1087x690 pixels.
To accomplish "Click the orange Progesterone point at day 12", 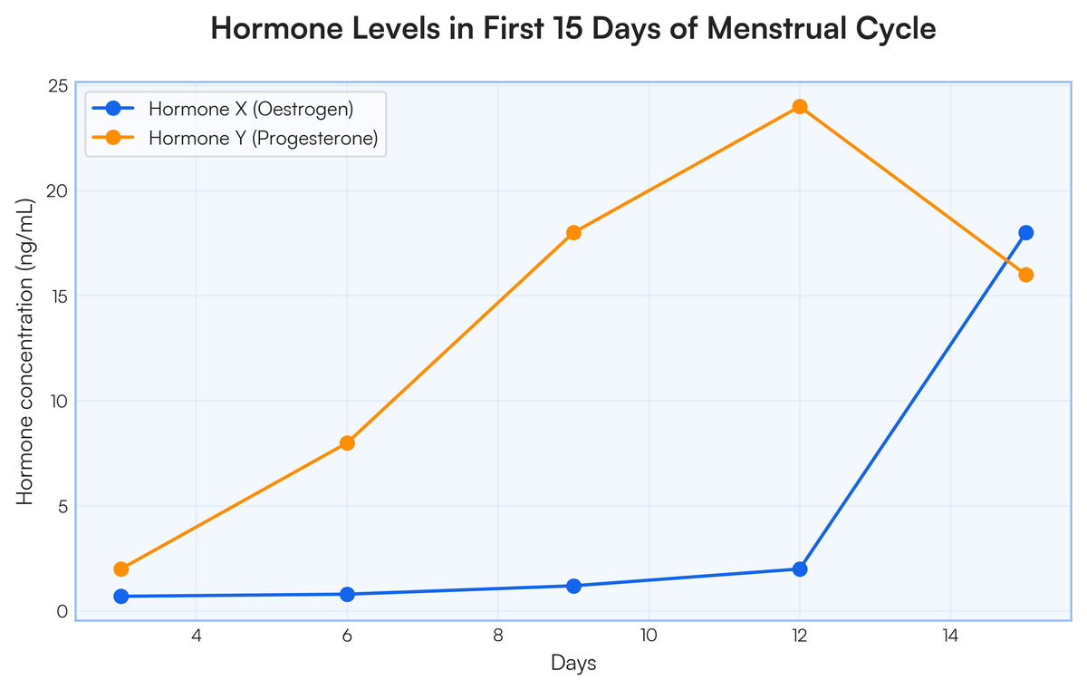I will pyautogui.click(x=799, y=107).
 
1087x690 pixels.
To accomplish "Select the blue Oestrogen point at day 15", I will pyautogui.click(x=1025, y=232).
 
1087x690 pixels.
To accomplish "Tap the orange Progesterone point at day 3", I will pyautogui.click(x=121, y=569).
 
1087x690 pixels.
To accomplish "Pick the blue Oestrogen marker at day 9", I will pyautogui.click(x=573, y=586).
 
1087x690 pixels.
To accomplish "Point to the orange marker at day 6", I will pyautogui.click(x=347, y=443).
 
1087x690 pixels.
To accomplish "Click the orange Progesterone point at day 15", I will pyautogui.click(x=1025, y=275).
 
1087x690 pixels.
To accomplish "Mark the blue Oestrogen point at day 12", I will pyautogui.click(x=799, y=569).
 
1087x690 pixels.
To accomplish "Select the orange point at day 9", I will pyautogui.click(x=573, y=232).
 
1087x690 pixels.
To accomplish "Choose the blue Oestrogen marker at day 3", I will pyautogui.click(x=121, y=597).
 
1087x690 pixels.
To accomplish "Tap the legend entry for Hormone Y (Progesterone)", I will pyautogui.click(x=263, y=139).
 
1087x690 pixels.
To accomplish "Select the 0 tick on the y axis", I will pyautogui.click(x=63, y=611).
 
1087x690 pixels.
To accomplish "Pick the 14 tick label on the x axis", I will pyautogui.click(x=949, y=636).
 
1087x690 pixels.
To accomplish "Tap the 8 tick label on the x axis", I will pyautogui.click(x=498, y=636).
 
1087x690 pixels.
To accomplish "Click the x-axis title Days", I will pyautogui.click(x=573, y=664).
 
